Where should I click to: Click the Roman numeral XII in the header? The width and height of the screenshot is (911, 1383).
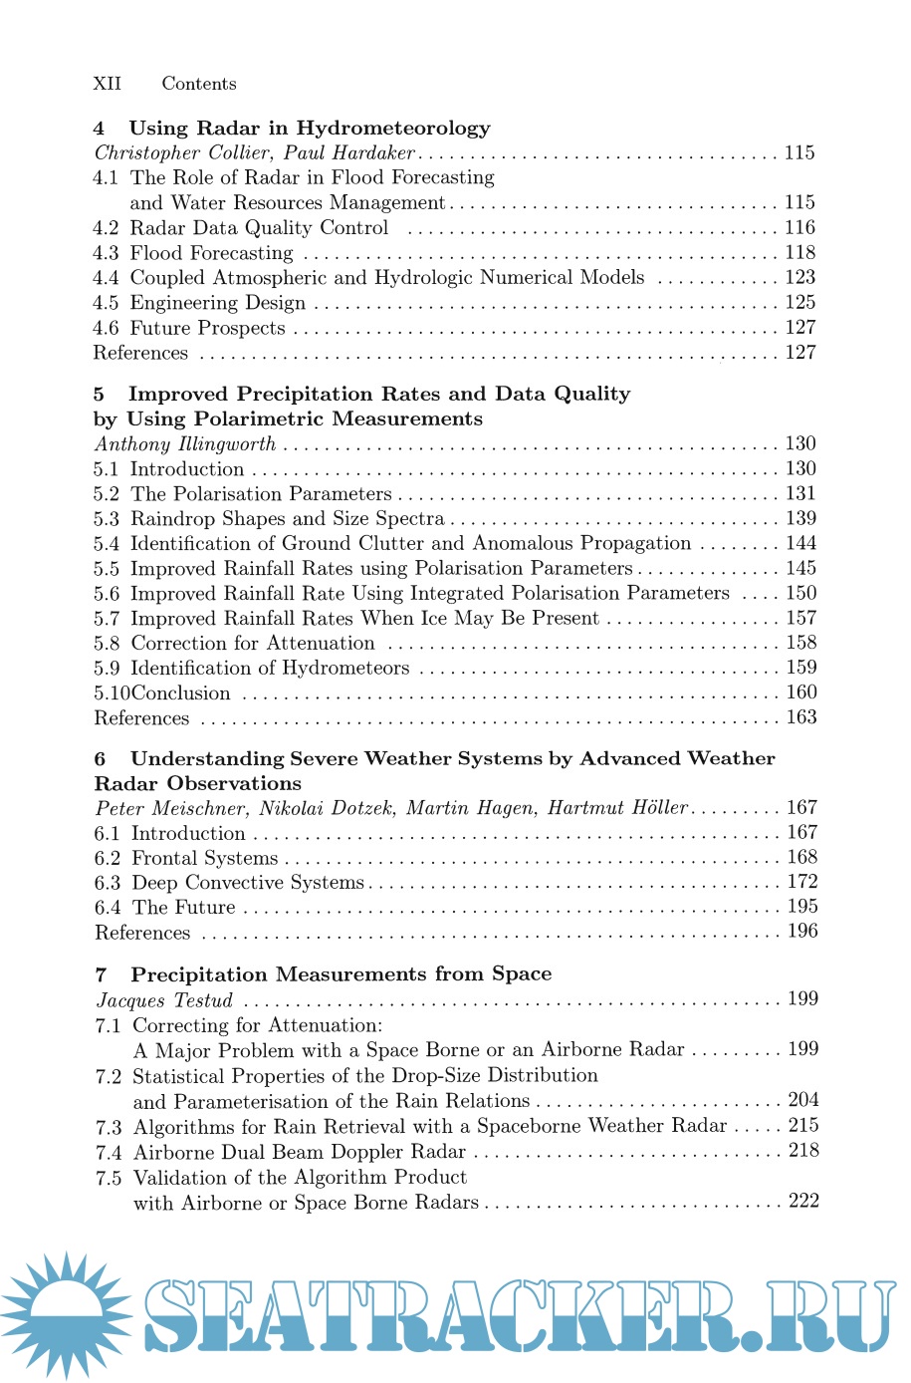pos(107,84)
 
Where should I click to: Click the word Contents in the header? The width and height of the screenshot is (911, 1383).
pos(199,84)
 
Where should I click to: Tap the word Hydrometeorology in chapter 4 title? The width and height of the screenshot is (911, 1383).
pos(393,128)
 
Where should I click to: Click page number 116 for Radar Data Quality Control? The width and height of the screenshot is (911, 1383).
pos(799,227)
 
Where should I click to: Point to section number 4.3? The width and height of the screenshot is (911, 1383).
pos(106,253)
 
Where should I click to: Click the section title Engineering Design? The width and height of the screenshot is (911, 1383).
pos(218,303)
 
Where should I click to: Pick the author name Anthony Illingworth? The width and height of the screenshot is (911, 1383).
pos(185,443)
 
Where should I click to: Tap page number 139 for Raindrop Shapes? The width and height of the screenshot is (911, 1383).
pos(800,518)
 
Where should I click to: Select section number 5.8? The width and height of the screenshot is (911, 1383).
pos(107,644)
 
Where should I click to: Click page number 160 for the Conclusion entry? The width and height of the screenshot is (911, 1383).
pos(801,692)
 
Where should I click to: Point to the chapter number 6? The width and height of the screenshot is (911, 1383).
pos(101,758)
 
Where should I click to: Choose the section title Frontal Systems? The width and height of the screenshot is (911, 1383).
pos(205,858)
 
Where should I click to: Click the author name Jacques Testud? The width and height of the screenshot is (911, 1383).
pos(164,999)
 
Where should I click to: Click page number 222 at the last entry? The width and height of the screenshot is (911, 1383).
pos(803,1201)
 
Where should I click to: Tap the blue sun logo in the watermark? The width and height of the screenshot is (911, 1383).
pos(66,1313)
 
